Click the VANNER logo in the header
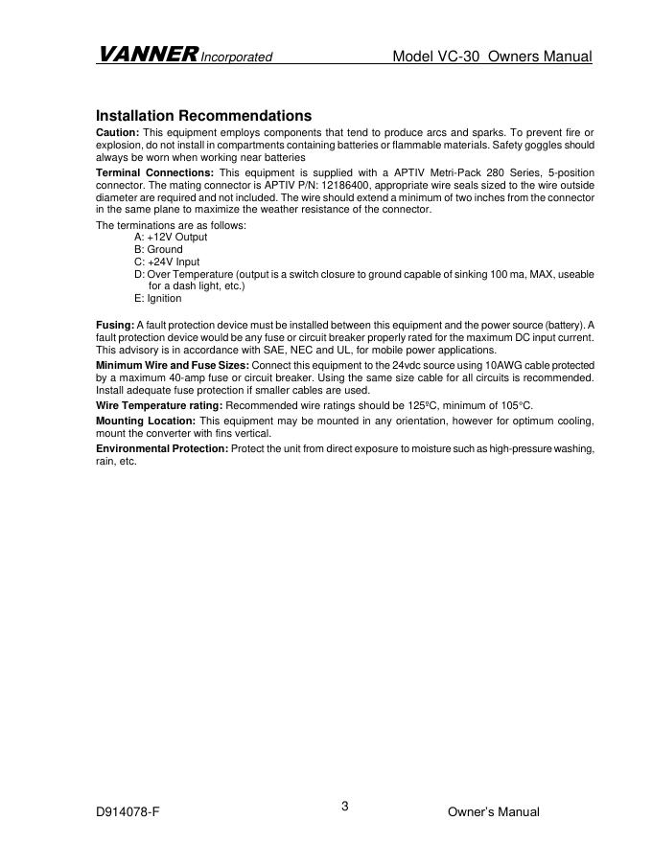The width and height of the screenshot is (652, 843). click(x=147, y=56)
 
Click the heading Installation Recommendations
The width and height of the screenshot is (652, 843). click(x=203, y=116)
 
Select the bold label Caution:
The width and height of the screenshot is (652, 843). click(x=118, y=132)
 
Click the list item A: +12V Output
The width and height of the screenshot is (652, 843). click(x=171, y=237)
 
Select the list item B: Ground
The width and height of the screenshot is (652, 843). click(x=158, y=249)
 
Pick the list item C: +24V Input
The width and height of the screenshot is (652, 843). click(x=167, y=262)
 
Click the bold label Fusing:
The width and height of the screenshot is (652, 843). click(x=115, y=326)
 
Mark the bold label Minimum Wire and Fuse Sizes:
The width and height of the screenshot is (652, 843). click(x=173, y=366)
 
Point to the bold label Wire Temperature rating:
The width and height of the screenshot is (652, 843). click(x=159, y=406)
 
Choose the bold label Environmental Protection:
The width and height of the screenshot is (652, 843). click(x=162, y=449)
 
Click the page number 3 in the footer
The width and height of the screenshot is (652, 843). click(x=344, y=807)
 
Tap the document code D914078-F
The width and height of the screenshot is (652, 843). click(x=128, y=812)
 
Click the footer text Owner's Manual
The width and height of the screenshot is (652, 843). click(x=494, y=812)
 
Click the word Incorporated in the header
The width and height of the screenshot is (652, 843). click(x=237, y=57)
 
